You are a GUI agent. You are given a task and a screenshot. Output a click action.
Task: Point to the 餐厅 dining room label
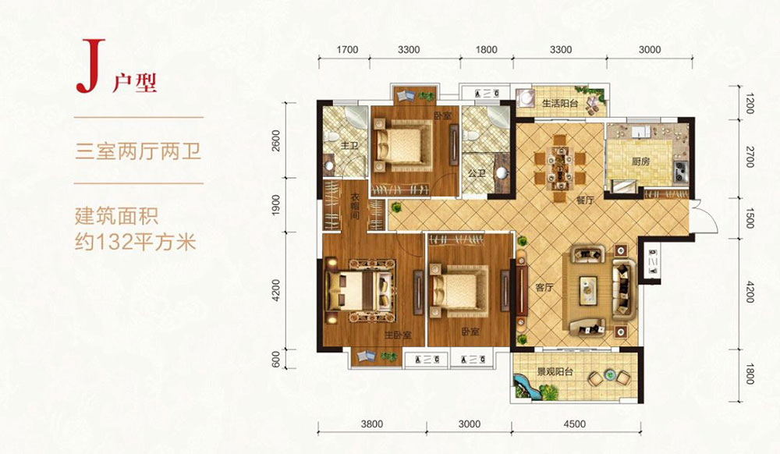(x=585, y=200)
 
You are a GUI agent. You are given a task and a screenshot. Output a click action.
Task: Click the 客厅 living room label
(x=544, y=288)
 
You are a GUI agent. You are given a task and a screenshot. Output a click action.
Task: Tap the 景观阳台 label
(x=555, y=373)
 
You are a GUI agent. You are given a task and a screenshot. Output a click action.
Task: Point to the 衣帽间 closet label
(x=353, y=209)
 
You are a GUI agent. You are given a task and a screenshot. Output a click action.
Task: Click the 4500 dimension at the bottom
(x=573, y=424)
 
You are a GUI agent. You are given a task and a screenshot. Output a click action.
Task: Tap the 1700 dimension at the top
(x=346, y=50)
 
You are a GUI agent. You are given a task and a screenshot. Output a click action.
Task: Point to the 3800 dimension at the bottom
(x=372, y=424)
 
